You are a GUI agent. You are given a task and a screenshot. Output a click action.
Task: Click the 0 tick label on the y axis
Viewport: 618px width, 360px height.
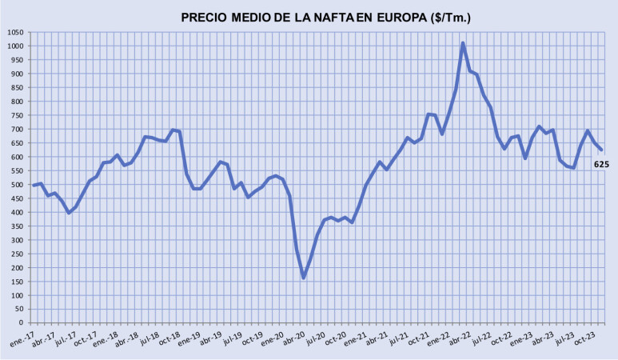point(24,323)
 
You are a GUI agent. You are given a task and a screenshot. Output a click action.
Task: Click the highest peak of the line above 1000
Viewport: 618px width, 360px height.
point(463,43)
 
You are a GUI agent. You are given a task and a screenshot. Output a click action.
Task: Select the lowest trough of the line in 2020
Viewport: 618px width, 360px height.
point(304,278)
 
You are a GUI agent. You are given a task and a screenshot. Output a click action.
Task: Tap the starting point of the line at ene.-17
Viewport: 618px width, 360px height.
point(34,186)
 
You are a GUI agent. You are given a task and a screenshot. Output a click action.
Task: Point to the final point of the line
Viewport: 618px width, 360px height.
point(601,150)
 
